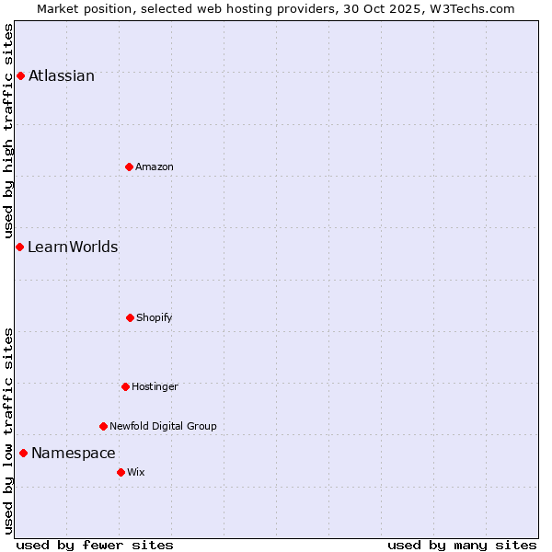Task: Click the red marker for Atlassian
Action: pos(20,75)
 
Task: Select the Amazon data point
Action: pos(129,167)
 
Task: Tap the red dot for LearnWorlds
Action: pos(19,247)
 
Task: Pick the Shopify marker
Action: pos(130,317)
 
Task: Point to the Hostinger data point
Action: pos(125,386)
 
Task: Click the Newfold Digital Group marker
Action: pos(103,426)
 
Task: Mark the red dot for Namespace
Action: pos(23,453)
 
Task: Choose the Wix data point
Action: pos(121,472)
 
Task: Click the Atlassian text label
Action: pos(62,75)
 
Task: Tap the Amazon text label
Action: pos(155,167)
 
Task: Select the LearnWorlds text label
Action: pos(73,247)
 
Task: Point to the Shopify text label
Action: pos(155,317)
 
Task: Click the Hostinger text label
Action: pos(155,386)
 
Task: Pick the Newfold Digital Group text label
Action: pos(163,426)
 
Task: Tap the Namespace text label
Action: pos(74,453)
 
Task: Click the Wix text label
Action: pos(136,472)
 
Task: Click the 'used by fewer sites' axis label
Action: pos(95,545)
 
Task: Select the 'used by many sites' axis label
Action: pos(462,545)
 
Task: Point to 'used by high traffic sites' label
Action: pos(8,131)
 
